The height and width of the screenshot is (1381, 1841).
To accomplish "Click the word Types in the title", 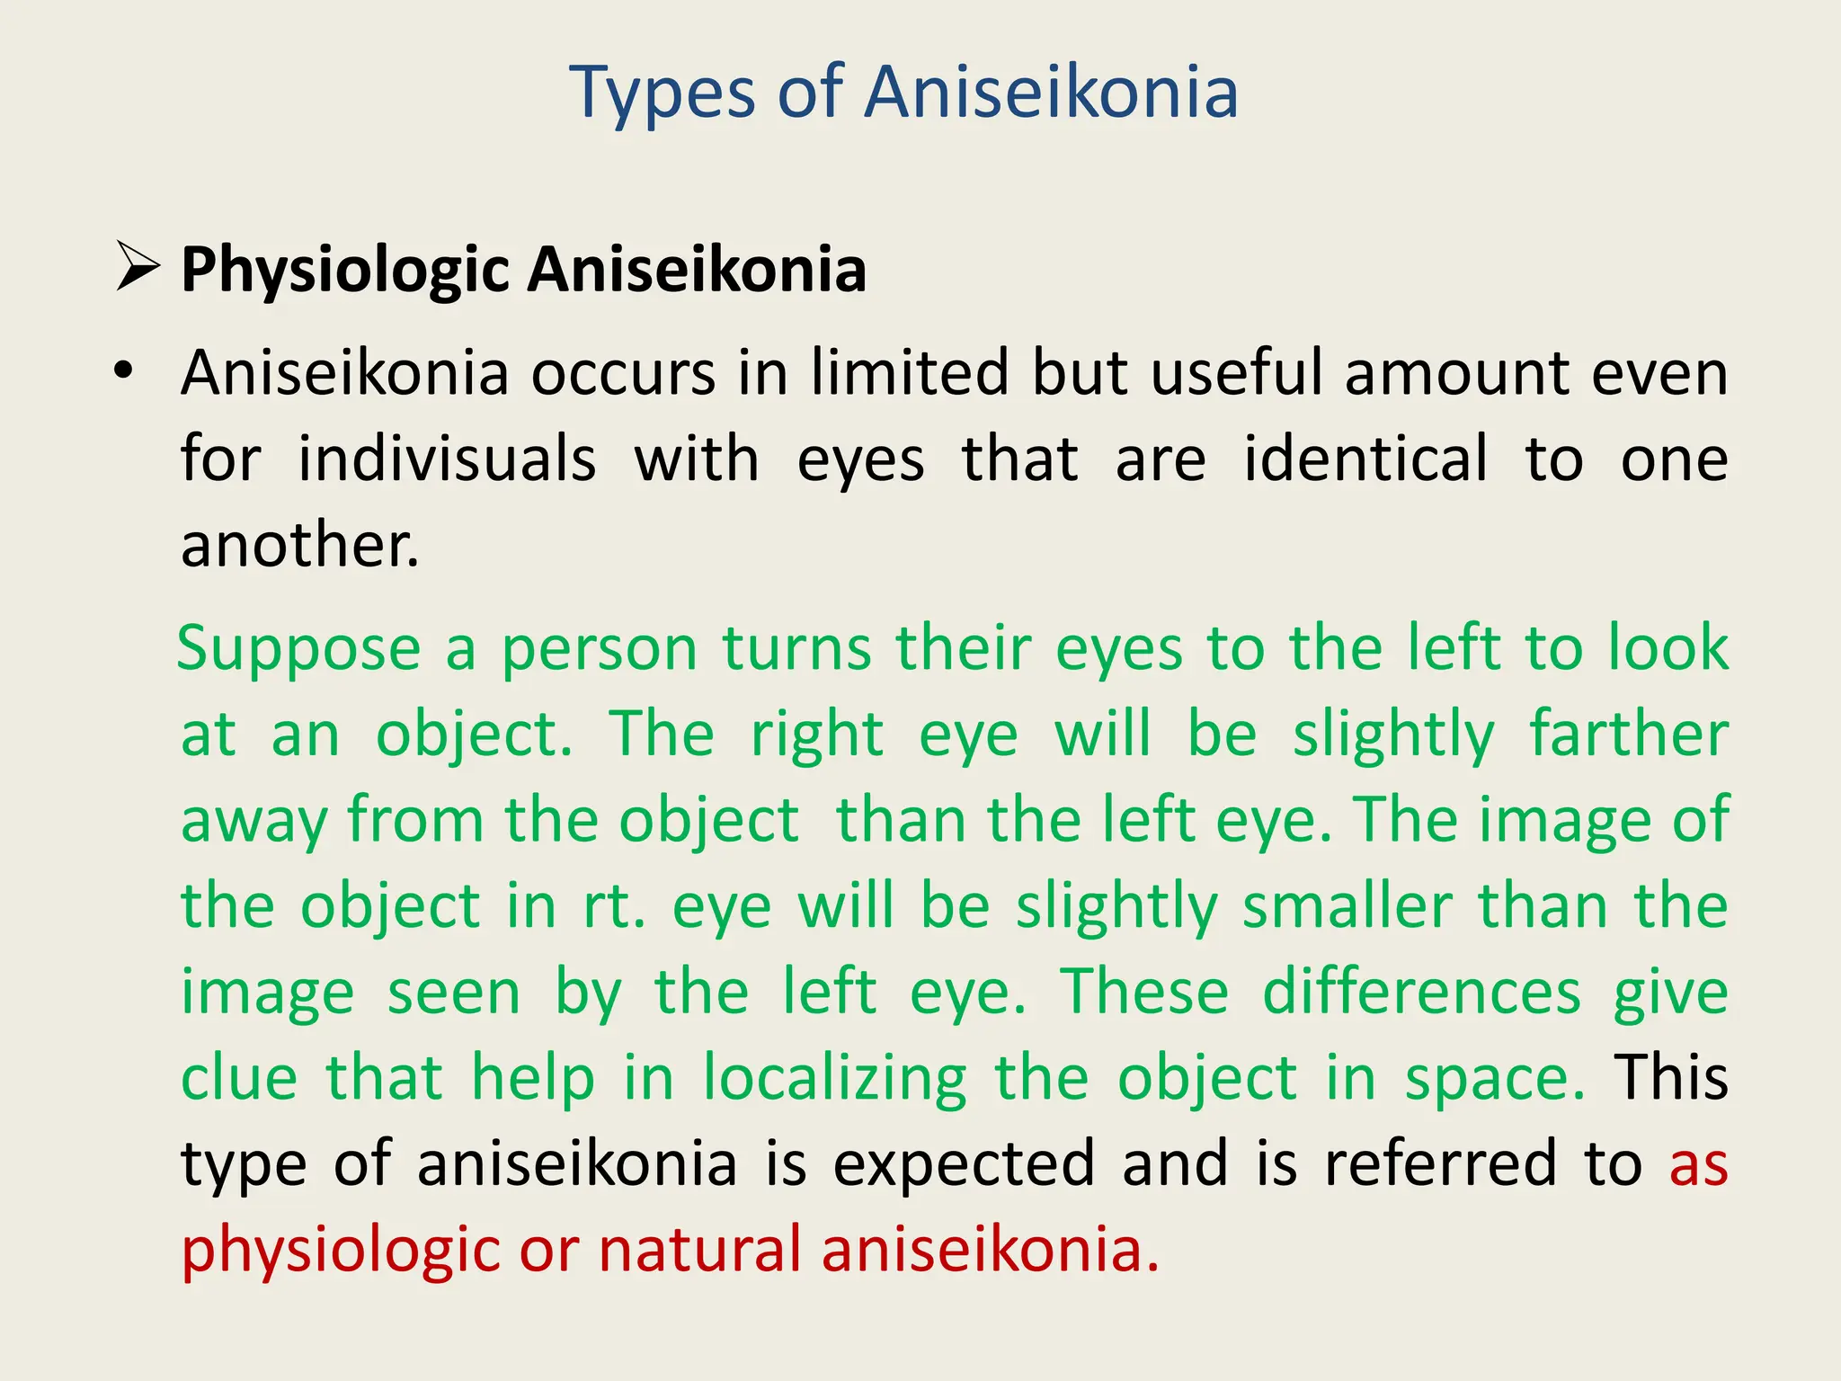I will (663, 94).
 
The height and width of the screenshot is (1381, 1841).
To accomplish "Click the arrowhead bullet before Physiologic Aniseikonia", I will (138, 269).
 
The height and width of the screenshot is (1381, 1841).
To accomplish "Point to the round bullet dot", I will (123, 370).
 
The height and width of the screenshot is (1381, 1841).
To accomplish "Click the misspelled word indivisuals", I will (447, 459).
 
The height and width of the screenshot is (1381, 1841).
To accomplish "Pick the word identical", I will (1365, 459).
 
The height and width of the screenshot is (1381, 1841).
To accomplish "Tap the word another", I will (299, 545).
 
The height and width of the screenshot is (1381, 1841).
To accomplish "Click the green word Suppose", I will (299, 649).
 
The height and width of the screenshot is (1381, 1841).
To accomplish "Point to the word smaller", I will (1347, 906).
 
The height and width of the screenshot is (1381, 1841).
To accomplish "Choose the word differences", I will (1421, 993).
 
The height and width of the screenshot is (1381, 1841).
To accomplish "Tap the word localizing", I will (834, 1079).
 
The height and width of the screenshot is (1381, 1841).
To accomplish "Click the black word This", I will (1670, 1077).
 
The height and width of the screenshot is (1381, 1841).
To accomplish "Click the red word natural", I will (699, 1250).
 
